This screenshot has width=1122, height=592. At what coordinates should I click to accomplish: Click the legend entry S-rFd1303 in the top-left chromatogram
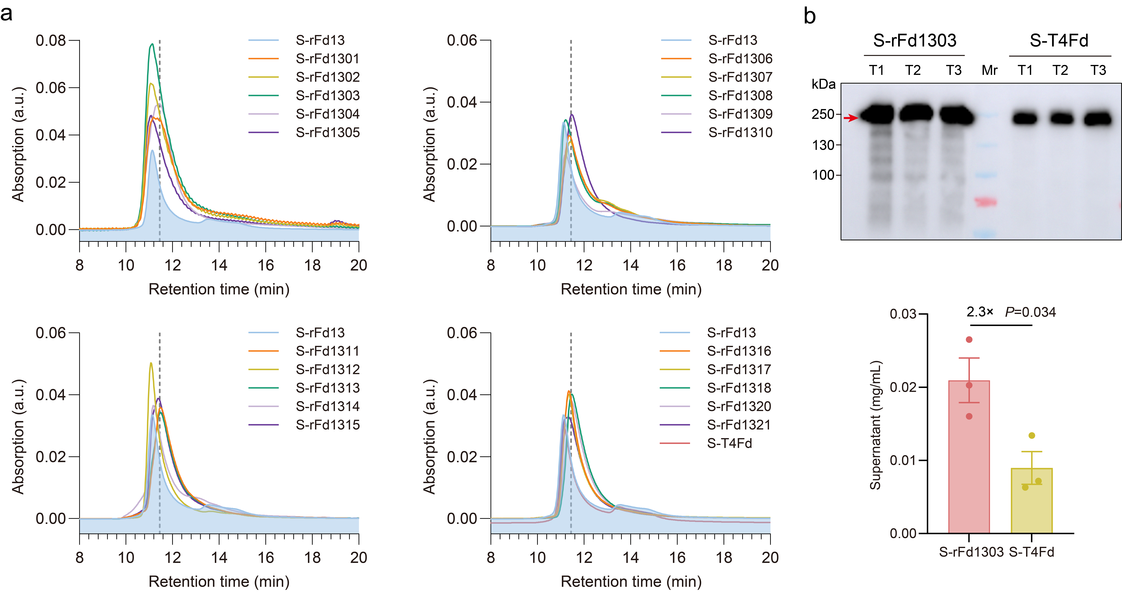328,95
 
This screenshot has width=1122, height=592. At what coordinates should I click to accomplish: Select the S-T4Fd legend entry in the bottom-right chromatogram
730,443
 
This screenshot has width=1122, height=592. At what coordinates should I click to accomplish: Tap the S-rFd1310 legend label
740,132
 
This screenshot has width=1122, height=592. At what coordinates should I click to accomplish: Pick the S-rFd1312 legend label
328,369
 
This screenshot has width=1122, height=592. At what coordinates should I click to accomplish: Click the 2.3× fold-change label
980,312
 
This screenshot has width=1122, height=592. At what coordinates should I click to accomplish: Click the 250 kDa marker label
823,115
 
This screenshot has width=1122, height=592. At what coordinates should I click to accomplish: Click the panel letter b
809,17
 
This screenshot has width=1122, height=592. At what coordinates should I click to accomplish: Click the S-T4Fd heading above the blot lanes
1059,41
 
